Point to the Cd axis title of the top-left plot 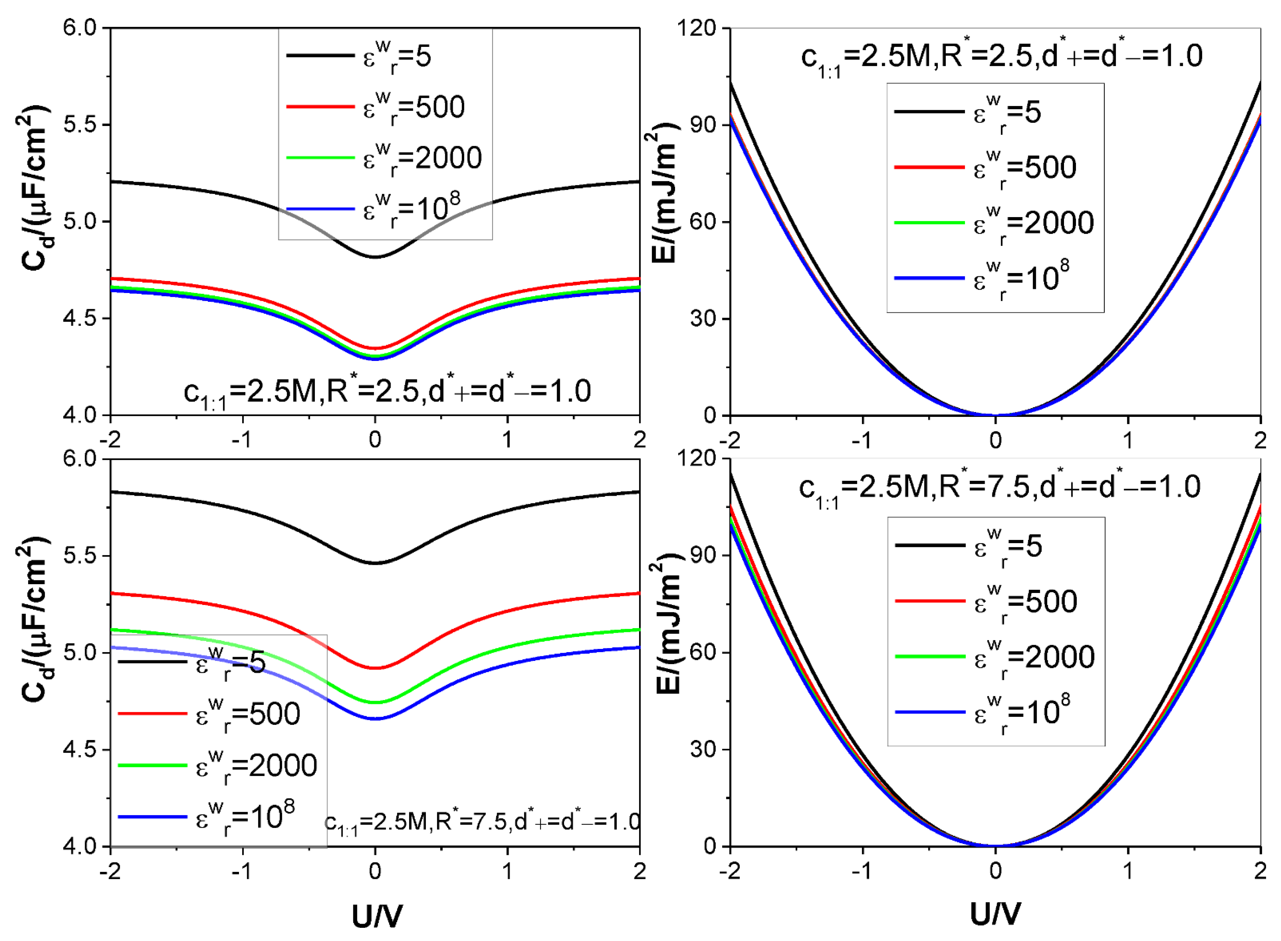click(34, 188)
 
